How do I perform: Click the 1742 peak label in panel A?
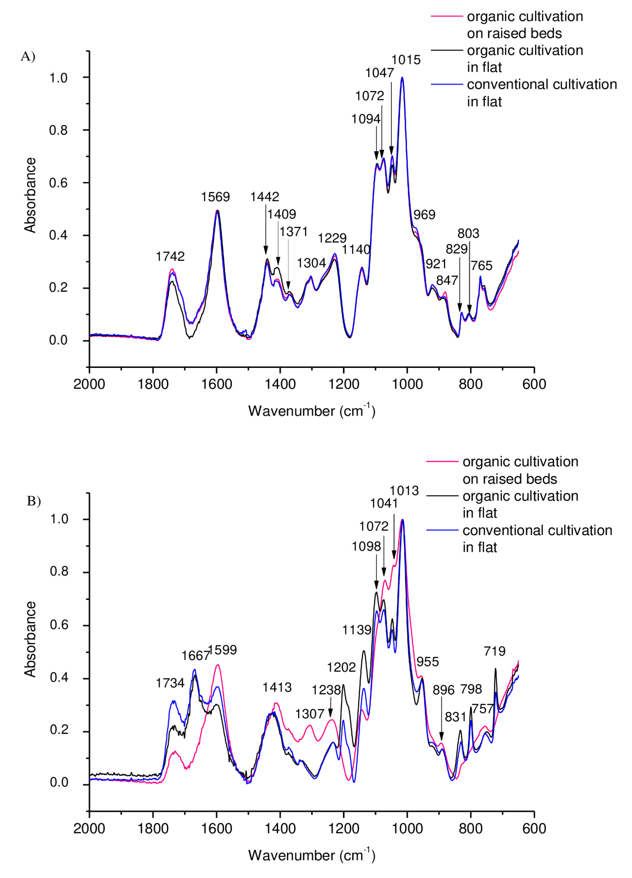[x=170, y=256]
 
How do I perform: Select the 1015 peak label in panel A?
[x=406, y=60]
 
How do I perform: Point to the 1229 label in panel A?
[x=332, y=238]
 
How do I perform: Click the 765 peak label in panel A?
[x=482, y=265]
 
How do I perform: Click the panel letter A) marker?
[x=28, y=57]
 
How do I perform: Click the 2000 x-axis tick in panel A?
[x=89, y=384]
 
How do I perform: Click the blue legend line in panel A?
[x=447, y=84]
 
